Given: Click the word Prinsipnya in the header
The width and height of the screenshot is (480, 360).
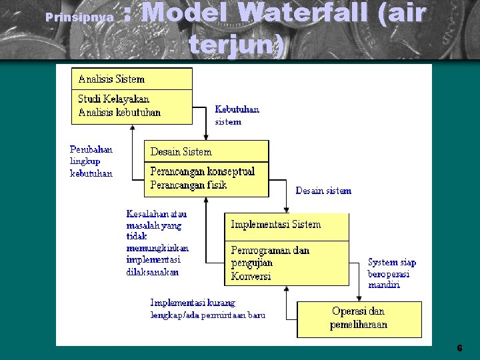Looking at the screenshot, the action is coord(78,17).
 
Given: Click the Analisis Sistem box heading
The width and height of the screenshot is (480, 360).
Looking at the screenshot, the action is coord(111,79).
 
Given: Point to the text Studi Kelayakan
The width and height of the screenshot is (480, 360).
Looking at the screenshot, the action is coord(114,99).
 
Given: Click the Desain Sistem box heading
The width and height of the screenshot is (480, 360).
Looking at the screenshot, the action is coord(181,151).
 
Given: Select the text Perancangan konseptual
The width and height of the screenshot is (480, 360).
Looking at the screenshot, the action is coord(203,171).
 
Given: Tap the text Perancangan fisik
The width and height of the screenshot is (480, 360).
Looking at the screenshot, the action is coord(189,185).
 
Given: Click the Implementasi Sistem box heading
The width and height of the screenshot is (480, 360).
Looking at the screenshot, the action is coord(275,225).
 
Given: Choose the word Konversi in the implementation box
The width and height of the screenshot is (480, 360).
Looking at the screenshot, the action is coord(251,276).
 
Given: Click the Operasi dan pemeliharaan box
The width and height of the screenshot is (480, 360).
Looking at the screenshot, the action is coord(359,318).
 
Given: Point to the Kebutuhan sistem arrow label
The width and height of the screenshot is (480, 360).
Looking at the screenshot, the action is coord(237,115).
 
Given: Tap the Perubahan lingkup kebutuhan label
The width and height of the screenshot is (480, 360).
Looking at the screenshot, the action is coord(91,161).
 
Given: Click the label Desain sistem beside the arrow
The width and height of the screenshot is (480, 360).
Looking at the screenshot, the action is coord(323,191).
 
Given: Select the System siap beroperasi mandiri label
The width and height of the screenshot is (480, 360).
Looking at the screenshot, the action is coord(392,273).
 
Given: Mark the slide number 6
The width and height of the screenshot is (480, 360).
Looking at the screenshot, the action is coord(459,348).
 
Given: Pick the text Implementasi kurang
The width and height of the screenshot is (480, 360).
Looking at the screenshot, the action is coord(193,303).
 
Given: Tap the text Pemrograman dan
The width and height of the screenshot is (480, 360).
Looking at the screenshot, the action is coord(270,251).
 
